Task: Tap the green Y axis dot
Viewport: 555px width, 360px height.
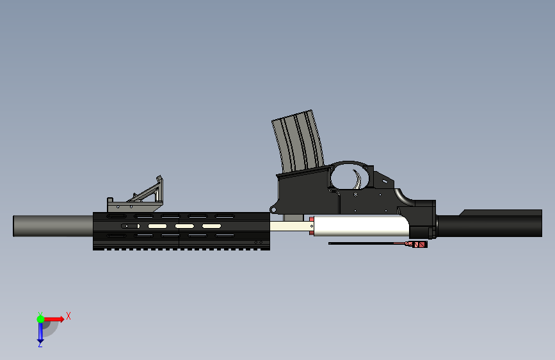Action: coord(40,318)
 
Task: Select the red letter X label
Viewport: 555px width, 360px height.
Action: coord(68,316)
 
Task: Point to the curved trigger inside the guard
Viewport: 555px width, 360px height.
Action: coord(358,177)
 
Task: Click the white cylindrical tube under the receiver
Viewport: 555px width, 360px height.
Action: coord(358,226)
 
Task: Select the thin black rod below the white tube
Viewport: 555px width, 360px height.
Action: coord(365,243)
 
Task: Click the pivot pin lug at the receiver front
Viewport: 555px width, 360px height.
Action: coord(274,208)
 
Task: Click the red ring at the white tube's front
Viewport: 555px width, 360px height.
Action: coord(312,226)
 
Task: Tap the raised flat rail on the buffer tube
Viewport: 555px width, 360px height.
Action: coord(499,213)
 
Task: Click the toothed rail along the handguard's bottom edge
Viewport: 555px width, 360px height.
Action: coord(179,248)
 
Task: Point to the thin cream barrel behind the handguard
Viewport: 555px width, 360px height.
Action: coord(288,226)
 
